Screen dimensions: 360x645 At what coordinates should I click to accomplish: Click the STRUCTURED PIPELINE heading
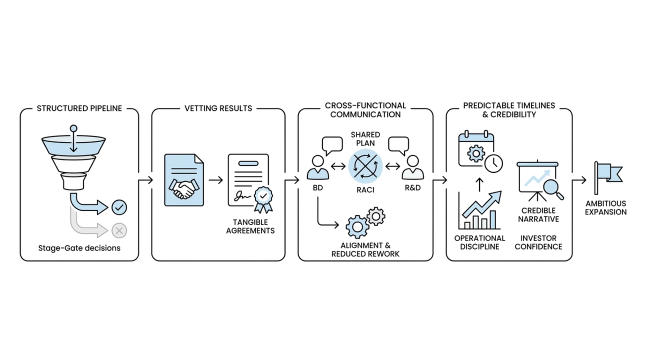point(79,108)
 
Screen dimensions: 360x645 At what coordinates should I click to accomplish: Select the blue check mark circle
point(119,206)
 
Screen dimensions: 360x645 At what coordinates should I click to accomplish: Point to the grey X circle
point(119,230)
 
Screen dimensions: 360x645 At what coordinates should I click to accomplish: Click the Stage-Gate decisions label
point(79,248)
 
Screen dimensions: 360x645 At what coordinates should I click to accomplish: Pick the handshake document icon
point(184,180)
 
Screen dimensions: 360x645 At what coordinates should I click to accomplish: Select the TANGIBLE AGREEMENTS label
point(250,226)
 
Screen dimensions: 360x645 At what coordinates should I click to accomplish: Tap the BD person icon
point(318,167)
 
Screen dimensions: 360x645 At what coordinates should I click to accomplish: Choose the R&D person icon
point(412,167)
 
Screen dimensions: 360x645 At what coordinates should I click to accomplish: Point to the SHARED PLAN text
point(365,138)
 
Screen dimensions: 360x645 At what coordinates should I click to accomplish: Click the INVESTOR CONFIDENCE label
point(538,242)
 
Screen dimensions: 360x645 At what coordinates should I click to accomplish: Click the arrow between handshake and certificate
point(215,180)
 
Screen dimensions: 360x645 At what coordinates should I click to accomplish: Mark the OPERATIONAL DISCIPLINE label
point(479,242)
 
